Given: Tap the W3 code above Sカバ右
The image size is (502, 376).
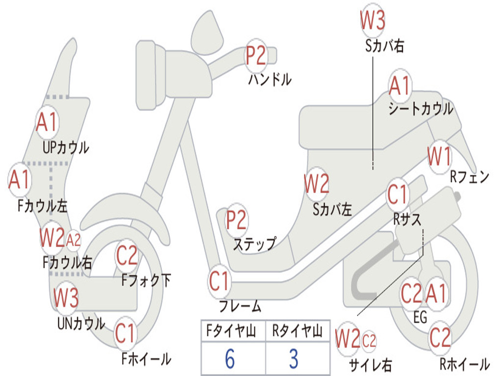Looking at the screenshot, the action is pyautogui.click(x=373, y=21).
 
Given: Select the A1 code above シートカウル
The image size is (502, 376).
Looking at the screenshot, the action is pyautogui.click(x=400, y=87).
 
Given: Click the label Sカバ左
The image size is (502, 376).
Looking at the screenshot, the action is pyautogui.click(x=332, y=210).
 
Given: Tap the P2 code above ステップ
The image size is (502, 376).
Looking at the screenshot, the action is pyautogui.click(x=236, y=220).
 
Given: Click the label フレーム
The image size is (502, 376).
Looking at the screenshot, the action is pyautogui.click(x=240, y=307).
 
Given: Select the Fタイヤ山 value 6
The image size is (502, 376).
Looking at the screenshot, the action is pyautogui.click(x=230, y=358).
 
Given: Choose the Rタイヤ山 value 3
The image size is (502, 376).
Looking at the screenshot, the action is pyautogui.click(x=294, y=358).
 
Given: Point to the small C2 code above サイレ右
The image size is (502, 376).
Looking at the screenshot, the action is pyautogui.click(x=369, y=340).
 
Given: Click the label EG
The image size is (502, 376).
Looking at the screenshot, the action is pyautogui.click(x=420, y=318).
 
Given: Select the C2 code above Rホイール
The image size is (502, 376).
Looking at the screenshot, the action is pyautogui.click(x=440, y=337).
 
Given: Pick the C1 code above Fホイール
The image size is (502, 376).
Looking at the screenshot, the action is pyautogui.click(x=125, y=334).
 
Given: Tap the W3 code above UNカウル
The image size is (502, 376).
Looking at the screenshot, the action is pyautogui.click(x=66, y=298).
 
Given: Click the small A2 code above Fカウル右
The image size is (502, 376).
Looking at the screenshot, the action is pyautogui.click(x=74, y=240).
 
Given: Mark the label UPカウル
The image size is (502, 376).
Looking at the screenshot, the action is pyautogui.click(x=66, y=147).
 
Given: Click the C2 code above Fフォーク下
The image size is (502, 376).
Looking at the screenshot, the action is pyautogui.click(x=127, y=256).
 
